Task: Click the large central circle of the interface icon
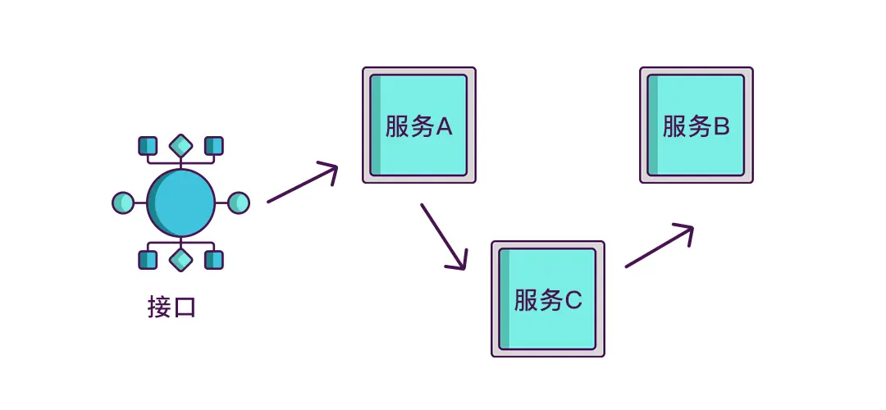tap(180, 203)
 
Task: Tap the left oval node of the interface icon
tap(122, 203)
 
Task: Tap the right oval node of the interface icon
tap(238, 203)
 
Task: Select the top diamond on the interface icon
tap(180, 146)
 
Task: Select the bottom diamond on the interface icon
tap(180, 260)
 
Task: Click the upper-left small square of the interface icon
tap(148, 146)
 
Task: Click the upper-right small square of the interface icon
tap(213, 146)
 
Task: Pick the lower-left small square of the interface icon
tap(148, 260)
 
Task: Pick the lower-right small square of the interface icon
tap(213, 260)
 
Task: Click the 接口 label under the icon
tap(172, 307)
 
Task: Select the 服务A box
tap(419, 125)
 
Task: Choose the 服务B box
tap(696, 125)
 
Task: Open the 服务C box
tap(548, 298)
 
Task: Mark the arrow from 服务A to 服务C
tap(443, 236)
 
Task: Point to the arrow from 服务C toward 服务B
tap(659, 246)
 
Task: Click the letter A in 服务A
tap(443, 127)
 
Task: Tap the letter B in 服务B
tap(721, 127)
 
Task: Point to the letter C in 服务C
tap(573, 301)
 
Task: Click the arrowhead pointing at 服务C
tap(460, 262)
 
